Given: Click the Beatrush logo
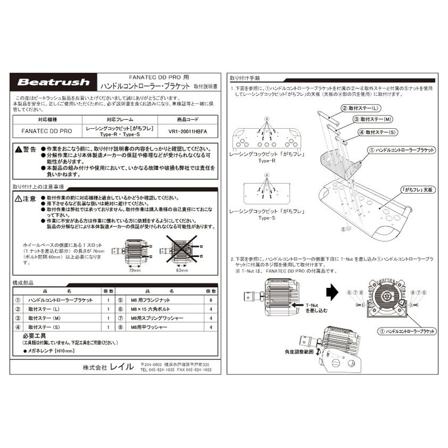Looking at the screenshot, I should pos(53,82).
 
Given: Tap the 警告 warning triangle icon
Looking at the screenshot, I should pos(18,150).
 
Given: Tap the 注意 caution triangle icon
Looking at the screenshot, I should pos(18,198).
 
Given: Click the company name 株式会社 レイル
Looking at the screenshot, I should pos(108,367).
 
